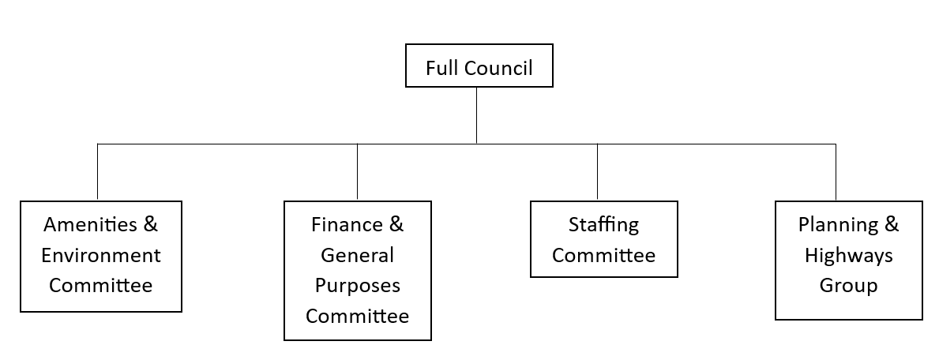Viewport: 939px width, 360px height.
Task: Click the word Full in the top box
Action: (441, 68)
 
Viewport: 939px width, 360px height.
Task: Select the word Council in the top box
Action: (498, 68)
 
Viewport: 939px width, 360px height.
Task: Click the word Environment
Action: (101, 256)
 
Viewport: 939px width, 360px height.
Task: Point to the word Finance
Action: (346, 225)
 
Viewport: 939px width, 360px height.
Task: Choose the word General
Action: (357, 256)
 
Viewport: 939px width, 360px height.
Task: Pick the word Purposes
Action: (357, 286)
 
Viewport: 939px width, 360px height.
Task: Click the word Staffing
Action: (603, 225)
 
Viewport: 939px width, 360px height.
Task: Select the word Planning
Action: (836, 225)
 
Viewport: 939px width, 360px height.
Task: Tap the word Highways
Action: (848, 256)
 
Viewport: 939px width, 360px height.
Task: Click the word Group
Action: (848, 286)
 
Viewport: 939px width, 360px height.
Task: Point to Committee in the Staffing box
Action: (603, 256)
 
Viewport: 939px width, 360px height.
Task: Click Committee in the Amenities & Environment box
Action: (101, 286)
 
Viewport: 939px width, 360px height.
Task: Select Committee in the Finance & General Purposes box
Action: (357, 317)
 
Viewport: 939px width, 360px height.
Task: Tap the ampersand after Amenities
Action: (151, 225)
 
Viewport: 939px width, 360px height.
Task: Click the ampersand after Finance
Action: (396, 225)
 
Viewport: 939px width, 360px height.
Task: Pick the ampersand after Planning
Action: (891, 225)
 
